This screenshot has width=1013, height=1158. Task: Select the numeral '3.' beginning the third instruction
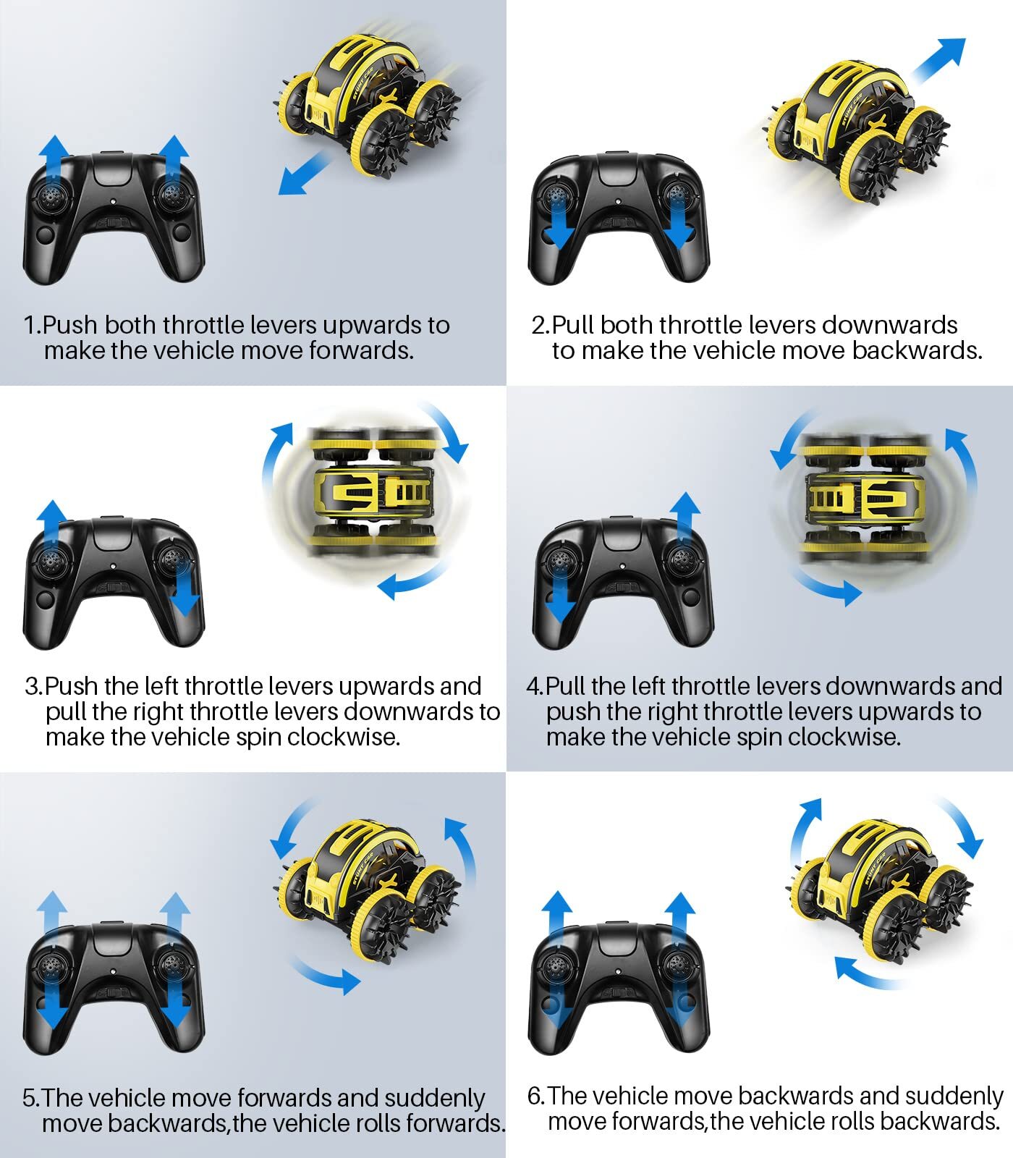pos(34,686)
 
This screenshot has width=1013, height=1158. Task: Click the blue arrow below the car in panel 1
pos(304,172)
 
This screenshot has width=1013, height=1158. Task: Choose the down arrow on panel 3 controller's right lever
pos(187,587)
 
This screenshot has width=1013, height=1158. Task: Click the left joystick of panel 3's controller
pos(52,559)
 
